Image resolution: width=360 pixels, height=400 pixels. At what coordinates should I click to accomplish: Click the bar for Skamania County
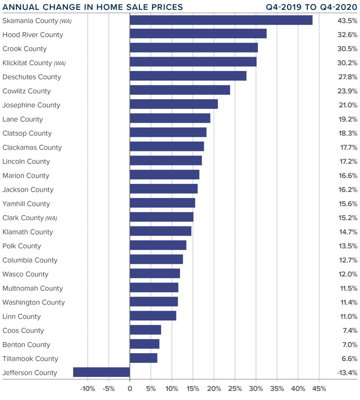point(221,20)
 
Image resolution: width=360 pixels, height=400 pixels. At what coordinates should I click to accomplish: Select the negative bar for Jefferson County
point(101,372)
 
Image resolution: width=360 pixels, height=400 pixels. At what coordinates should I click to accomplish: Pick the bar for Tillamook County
point(144,358)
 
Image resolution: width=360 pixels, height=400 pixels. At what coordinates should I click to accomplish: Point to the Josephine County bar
point(174,105)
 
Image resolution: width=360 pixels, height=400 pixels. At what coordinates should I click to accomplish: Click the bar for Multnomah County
point(154,288)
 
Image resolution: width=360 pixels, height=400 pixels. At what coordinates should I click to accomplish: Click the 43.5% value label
point(347,21)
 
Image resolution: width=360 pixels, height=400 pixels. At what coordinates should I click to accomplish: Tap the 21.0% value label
point(347,105)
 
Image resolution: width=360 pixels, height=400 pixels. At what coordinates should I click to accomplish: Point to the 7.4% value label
point(349,330)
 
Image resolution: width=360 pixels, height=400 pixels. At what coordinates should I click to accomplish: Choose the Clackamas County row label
point(32,147)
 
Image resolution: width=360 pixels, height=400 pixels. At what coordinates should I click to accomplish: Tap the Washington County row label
point(34,302)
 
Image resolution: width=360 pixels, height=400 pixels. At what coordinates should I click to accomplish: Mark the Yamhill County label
point(26,204)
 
